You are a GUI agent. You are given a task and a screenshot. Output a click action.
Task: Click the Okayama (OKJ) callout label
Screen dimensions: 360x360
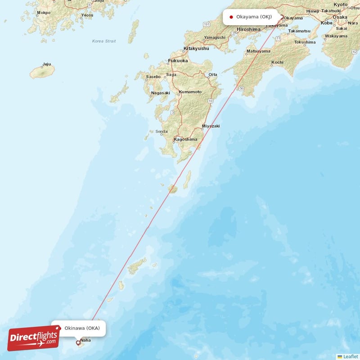point(251,17)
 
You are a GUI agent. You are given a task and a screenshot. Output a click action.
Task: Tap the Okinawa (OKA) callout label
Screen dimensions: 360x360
point(79,328)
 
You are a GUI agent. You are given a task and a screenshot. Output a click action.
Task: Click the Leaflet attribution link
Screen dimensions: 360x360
point(351,356)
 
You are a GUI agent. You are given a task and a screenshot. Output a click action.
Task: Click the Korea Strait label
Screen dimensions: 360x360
point(103,41)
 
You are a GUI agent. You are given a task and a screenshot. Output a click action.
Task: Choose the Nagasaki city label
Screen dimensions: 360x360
point(161,93)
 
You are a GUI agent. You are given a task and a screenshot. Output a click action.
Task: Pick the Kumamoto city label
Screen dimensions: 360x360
point(190,92)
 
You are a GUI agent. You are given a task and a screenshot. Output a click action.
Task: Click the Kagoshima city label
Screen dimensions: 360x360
point(185,139)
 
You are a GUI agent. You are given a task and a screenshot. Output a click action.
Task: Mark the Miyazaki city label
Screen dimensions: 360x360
point(211,126)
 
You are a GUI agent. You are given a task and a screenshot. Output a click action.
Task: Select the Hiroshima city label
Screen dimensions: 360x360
point(248,29)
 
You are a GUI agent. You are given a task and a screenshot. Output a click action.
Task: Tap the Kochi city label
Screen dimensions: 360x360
point(277,62)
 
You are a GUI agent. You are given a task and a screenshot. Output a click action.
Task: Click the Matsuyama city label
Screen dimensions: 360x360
point(258,51)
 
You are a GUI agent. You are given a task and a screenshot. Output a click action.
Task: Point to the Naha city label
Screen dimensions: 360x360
point(85,346)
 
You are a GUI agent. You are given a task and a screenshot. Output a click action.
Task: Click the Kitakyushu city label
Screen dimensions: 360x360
point(196,48)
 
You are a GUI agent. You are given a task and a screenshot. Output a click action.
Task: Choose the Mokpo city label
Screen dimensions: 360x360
point(44,13)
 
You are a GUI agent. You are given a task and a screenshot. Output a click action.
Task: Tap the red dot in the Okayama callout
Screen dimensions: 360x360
point(231,17)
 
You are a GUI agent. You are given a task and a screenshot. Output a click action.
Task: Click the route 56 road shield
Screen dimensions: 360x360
point(241,88)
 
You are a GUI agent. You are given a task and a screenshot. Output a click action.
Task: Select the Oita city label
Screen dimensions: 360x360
point(212,75)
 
